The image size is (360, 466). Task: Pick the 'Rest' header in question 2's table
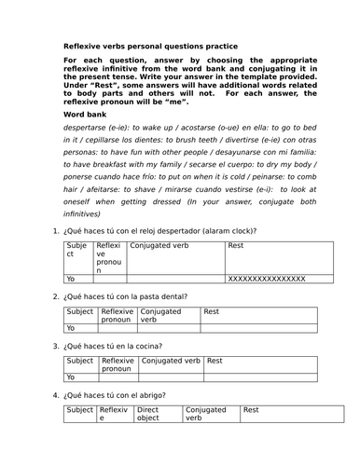pos(212,312)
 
